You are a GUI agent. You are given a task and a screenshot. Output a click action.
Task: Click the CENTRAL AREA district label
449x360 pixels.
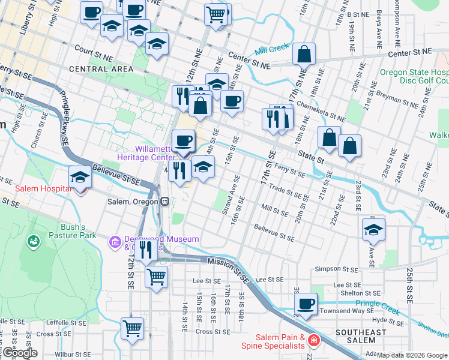(x=101, y=69)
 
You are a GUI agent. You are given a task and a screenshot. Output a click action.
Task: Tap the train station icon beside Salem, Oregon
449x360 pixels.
(x=163, y=202)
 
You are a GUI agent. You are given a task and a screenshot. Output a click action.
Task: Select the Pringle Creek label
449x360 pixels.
(x=377, y=304)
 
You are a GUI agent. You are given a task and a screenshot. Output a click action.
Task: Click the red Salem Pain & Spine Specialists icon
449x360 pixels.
(x=313, y=341)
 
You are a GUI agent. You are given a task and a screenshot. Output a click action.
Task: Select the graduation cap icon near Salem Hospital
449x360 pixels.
(x=80, y=177)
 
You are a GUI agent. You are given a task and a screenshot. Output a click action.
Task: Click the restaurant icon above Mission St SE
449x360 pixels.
(x=146, y=250)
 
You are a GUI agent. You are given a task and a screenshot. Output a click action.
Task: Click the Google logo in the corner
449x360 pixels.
(x=19, y=353)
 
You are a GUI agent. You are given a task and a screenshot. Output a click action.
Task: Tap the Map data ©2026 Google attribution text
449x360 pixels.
(x=412, y=355)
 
